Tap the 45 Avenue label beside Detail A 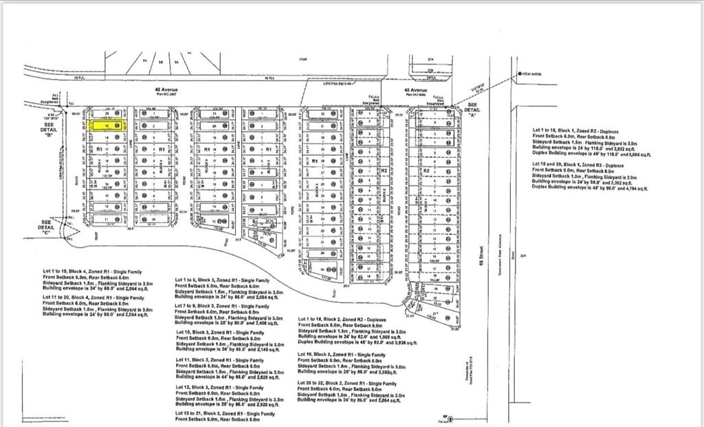pyautogui.click(x=415, y=90)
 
